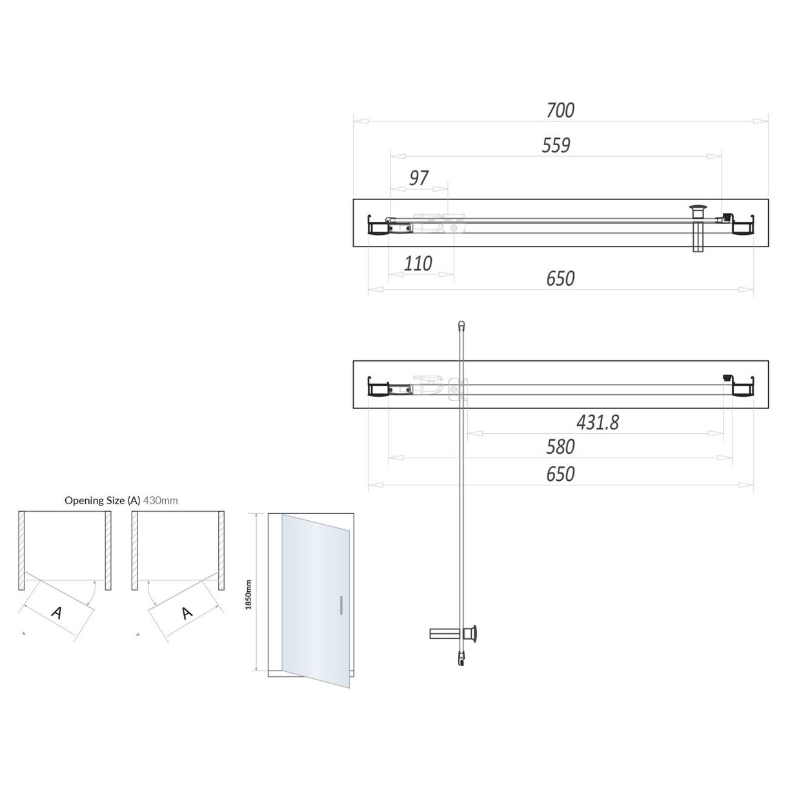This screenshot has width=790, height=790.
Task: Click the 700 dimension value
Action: pyautogui.click(x=560, y=110)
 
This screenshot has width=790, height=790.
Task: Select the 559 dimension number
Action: pyautogui.click(x=556, y=145)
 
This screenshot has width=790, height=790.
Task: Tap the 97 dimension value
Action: pyautogui.click(x=419, y=178)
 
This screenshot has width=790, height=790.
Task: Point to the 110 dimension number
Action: pyautogui.click(x=418, y=263)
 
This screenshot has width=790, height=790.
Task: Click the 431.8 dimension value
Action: pyautogui.click(x=597, y=422)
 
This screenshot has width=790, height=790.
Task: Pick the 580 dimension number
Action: pyautogui.click(x=560, y=447)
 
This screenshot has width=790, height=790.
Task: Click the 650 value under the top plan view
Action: pyautogui.click(x=560, y=279)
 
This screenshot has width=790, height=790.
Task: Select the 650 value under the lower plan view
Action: pyautogui.click(x=560, y=474)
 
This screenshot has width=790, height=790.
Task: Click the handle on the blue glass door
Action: pyautogui.click(x=340, y=606)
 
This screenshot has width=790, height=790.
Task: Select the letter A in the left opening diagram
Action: pyautogui.click(x=56, y=613)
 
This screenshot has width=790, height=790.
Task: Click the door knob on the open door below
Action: pyautogui.click(x=474, y=633)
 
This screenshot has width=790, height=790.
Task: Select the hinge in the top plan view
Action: pyautogui.click(x=454, y=227)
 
